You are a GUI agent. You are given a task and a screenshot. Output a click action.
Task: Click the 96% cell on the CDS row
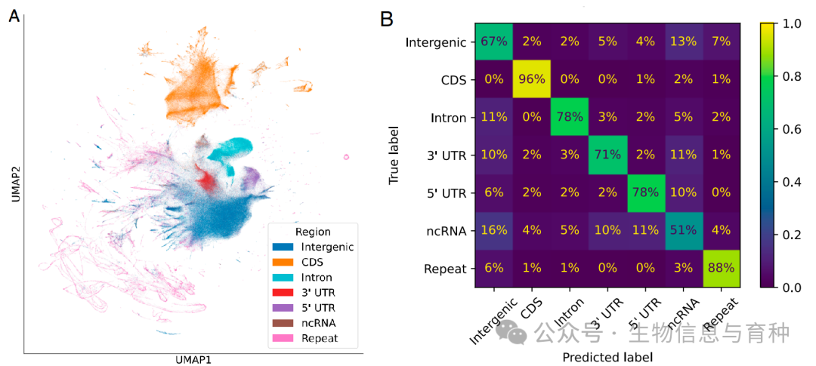pyautogui.click(x=533, y=80)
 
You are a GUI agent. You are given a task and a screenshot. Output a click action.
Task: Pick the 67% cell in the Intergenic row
pyautogui.click(x=495, y=42)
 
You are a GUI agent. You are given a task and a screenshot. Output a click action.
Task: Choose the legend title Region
pyautogui.click(x=313, y=232)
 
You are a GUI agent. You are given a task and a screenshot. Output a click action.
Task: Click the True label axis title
pyautogui.click(x=394, y=155)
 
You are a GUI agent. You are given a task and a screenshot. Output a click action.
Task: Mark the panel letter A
pyautogui.click(x=14, y=17)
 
